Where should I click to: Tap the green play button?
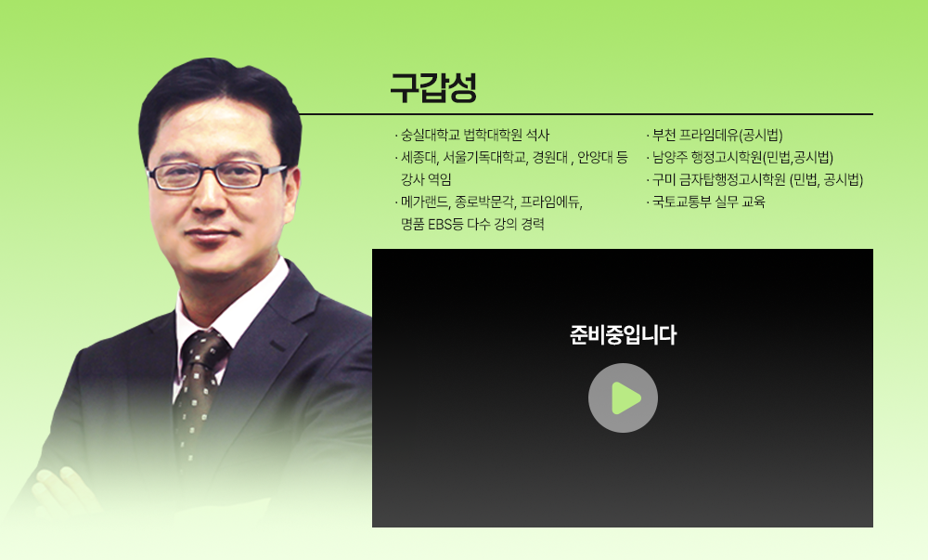tap(624, 397)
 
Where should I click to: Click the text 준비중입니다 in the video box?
tap(623, 335)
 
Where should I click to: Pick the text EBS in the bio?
tap(438, 225)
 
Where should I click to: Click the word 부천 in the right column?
tap(664, 134)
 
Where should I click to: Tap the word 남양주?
tap(671, 157)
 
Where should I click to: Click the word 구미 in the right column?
tap(664, 179)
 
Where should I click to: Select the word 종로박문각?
tap(484, 202)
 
